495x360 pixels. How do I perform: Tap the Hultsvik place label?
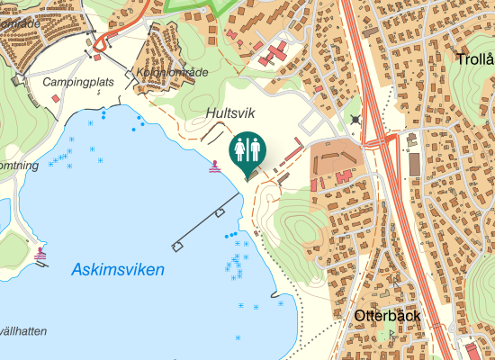pos(231,114)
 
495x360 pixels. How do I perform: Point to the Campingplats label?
pos(79,82)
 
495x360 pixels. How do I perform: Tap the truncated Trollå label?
pos(475,60)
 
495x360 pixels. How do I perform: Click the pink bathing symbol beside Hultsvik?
pos(214,167)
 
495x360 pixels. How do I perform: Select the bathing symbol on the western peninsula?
pos(40,255)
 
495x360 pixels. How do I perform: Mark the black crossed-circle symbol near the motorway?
pos(355,119)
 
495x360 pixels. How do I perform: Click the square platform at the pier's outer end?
pos(176,246)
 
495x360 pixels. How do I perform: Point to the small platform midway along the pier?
pos(220,212)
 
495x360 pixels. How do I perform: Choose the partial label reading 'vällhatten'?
pos(22,331)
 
